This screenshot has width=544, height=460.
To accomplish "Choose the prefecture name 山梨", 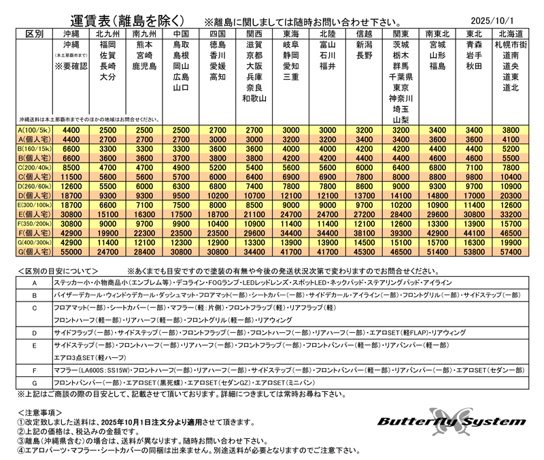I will click(401, 120).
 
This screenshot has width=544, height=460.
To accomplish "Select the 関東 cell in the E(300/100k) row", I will click(401, 204).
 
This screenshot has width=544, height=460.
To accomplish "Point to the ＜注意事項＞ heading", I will click(41, 411).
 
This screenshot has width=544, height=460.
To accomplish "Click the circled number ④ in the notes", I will click(20, 451).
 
